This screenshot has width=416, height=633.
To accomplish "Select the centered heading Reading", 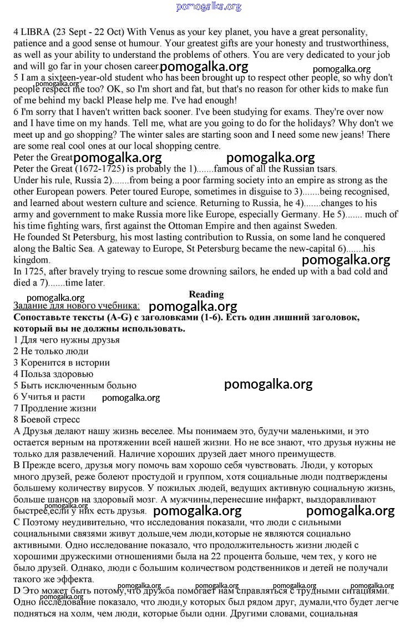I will coord(206,294).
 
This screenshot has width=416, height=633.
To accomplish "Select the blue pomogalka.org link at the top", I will coord(209,7).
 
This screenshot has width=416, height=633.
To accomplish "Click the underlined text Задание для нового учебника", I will coord(77,306).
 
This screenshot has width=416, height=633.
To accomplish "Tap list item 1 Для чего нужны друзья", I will coord(66,340).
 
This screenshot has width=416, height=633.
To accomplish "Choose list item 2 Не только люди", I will coord(51,351).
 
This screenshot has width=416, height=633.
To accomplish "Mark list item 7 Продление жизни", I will coord(55,408).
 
